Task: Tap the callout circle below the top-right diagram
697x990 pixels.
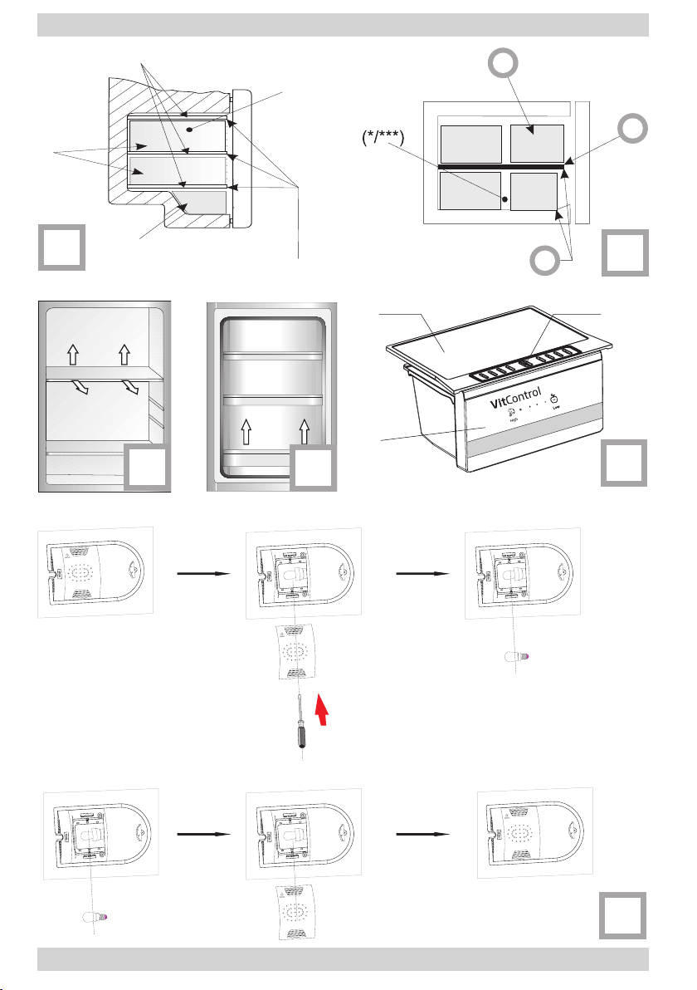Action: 543,262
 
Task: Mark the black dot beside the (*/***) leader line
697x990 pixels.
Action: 504,199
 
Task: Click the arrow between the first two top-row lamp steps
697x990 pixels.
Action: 202,572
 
